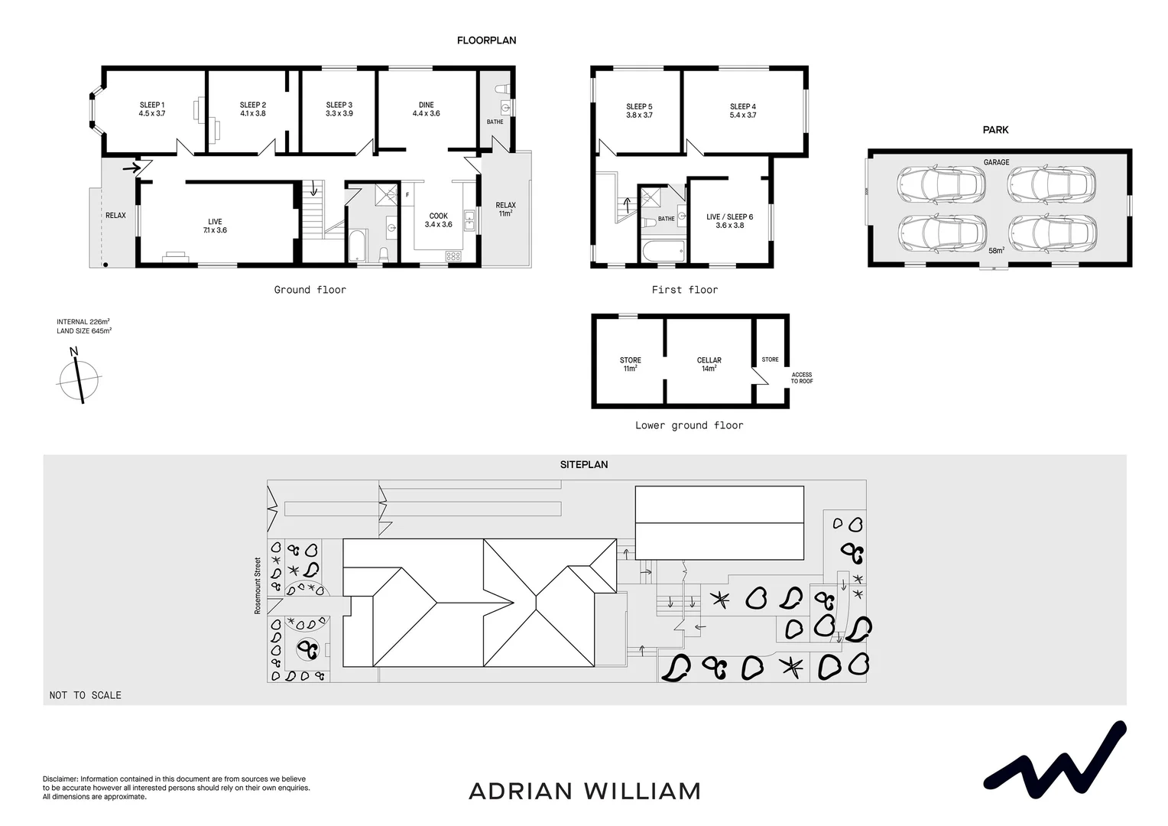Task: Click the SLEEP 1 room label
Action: (x=152, y=109)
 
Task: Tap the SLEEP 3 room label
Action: (x=339, y=109)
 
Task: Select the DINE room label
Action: (x=427, y=109)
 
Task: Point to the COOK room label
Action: (x=439, y=220)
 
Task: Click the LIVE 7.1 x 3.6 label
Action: (x=215, y=226)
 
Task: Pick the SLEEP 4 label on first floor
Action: (x=743, y=111)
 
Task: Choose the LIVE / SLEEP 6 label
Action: (x=729, y=221)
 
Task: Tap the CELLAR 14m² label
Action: (x=709, y=364)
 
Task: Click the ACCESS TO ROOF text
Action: (x=802, y=378)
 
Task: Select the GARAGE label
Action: (x=996, y=162)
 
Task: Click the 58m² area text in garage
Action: (x=996, y=251)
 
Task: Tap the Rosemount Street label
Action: (x=258, y=585)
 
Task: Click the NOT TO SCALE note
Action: (x=86, y=695)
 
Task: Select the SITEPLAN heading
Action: (x=584, y=464)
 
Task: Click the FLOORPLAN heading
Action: (x=486, y=41)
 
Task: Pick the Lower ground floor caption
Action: (x=689, y=425)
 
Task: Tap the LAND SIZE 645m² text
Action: (x=84, y=331)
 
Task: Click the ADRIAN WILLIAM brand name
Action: (x=584, y=791)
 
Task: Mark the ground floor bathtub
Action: (x=357, y=246)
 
